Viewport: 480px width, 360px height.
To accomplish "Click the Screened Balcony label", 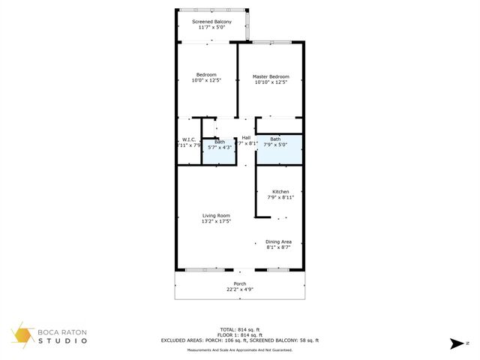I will point(211,22).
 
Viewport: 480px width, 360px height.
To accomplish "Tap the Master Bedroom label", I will point(271,76).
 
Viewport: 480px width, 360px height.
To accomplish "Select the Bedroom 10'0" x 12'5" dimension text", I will point(207,82).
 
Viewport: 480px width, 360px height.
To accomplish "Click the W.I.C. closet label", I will point(189,139).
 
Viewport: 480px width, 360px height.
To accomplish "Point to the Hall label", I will point(246,137).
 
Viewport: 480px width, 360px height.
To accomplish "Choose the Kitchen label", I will point(280,191).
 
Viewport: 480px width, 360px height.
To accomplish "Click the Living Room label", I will point(215,215).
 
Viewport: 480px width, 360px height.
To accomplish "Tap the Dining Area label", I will point(278,241).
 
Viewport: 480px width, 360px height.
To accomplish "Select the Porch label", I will point(240,283).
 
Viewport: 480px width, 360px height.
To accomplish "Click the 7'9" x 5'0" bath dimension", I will point(276,145).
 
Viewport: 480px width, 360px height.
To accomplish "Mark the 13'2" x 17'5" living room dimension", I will point(215,221).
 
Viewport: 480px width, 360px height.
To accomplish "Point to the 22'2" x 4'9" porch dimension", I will point(240,289).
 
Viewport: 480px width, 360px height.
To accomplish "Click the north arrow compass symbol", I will point(454,344).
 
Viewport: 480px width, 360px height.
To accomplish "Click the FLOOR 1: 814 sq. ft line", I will point(240,334).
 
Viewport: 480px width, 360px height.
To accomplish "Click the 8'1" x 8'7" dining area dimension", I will point(278,247).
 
